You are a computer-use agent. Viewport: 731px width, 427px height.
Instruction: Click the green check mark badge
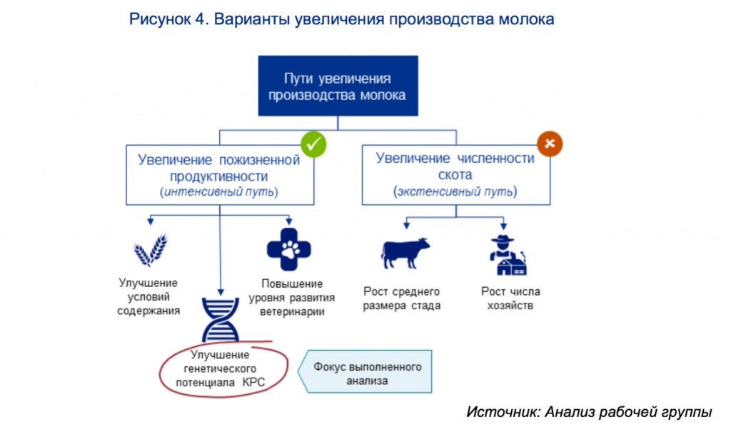coord(313,144)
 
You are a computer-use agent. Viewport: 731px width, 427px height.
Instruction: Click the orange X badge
coord(550,144)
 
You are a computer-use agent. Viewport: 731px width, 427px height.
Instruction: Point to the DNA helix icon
coord(219,320)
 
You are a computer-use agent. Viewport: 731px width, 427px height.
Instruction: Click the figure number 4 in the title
coord(198,19)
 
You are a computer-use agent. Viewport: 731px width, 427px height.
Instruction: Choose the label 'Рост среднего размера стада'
coord(402,298)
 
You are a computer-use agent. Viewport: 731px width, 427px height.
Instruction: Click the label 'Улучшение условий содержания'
coord(149,297)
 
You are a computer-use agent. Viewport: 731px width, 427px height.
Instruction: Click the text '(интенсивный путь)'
coord(219,192)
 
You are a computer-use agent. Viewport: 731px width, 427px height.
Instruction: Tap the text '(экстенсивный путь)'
coord(455,191)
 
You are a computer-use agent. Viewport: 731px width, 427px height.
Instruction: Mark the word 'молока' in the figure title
coord(524,19)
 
